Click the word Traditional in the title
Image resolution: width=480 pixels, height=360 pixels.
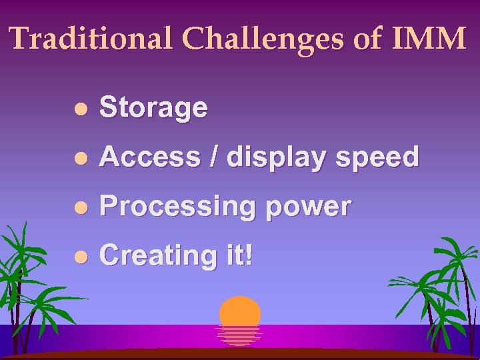click(x=91, y=39)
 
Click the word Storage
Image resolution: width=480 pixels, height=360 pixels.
click(x=153, y=108)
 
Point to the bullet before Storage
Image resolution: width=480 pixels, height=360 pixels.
click(x=81, y=109)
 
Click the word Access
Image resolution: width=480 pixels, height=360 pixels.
click(x=151, y=157)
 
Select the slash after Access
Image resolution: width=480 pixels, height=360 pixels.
click(x=215, y=157)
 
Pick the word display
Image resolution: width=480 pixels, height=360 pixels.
click(x=273, y=159)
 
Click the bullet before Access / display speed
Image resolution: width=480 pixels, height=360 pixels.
click(x=81, y=158)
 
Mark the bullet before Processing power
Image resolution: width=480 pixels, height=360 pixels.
click(x=81, y=207)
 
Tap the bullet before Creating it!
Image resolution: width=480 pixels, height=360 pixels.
click(x=81, y=257)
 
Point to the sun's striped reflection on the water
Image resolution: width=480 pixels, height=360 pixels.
click(x=240, y=335)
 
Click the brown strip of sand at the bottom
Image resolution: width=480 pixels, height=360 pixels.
click(x=240, y=355)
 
